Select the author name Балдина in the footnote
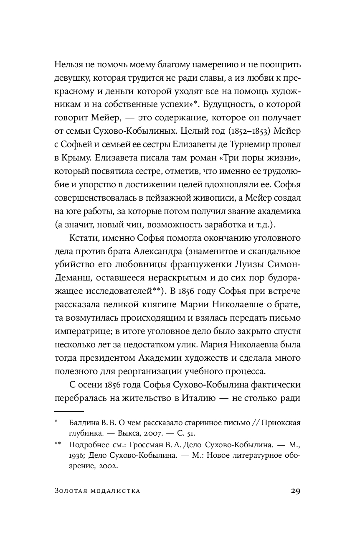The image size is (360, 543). pos(84,423)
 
